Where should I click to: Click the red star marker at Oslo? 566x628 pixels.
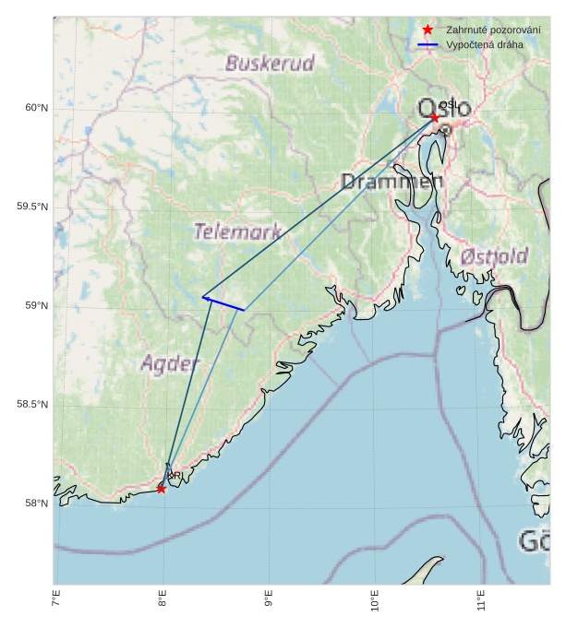point(435,117)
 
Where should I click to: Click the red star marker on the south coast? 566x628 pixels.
point(162,488)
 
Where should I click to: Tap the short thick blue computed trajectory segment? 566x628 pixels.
point(223,303)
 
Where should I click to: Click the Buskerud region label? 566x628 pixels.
point(270,64)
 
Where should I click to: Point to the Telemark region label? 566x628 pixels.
point(237,231)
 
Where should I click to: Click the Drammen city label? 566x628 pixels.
point(391,182)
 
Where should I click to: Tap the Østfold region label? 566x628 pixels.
point(494,255)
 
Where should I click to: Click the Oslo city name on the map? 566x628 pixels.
point(444,109)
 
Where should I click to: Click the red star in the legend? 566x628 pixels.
point(428,30)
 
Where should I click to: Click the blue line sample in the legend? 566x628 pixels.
point(428,44)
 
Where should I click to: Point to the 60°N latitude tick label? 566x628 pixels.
point(36,108)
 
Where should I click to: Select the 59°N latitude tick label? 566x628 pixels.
point(36,306)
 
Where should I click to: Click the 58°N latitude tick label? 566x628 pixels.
point(36,504)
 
